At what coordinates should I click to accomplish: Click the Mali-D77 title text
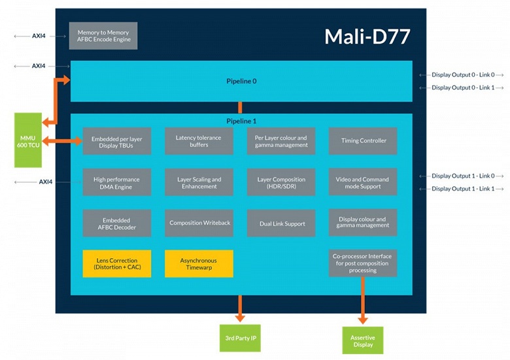[367, 37]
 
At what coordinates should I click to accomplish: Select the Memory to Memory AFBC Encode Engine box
[103, 36]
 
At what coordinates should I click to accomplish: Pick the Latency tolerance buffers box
[199, 141]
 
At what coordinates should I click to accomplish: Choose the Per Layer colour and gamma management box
[281, 141]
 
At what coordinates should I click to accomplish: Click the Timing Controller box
[363, 141]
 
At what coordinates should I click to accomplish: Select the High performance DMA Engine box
[116, 183]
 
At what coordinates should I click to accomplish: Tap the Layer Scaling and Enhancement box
[199, 183]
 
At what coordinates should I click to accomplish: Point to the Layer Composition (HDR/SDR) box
[281, 183]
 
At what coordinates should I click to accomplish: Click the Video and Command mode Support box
[363, 183]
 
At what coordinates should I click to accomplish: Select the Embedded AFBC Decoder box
[116, 223]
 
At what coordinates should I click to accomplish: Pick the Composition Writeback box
[199, 223]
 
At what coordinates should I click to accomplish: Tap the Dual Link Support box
[281, 223]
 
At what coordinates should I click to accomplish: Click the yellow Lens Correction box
[116, 263]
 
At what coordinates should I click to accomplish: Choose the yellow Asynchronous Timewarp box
[199, 263]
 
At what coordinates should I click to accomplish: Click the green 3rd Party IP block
[239, 338]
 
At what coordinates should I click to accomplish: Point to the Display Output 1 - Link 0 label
[463, 176]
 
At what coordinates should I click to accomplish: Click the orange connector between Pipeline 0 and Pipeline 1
[240, 108]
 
